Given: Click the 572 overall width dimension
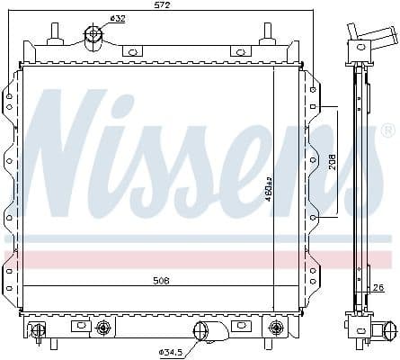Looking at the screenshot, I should point(163,6).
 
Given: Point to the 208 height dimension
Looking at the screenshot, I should point(332,162).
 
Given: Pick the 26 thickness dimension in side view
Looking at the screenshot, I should point(378,288).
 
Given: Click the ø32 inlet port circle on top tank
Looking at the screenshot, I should point(93,36).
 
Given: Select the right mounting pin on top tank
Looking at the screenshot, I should point(267,32).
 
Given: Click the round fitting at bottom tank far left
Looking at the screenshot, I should point(39,329).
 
